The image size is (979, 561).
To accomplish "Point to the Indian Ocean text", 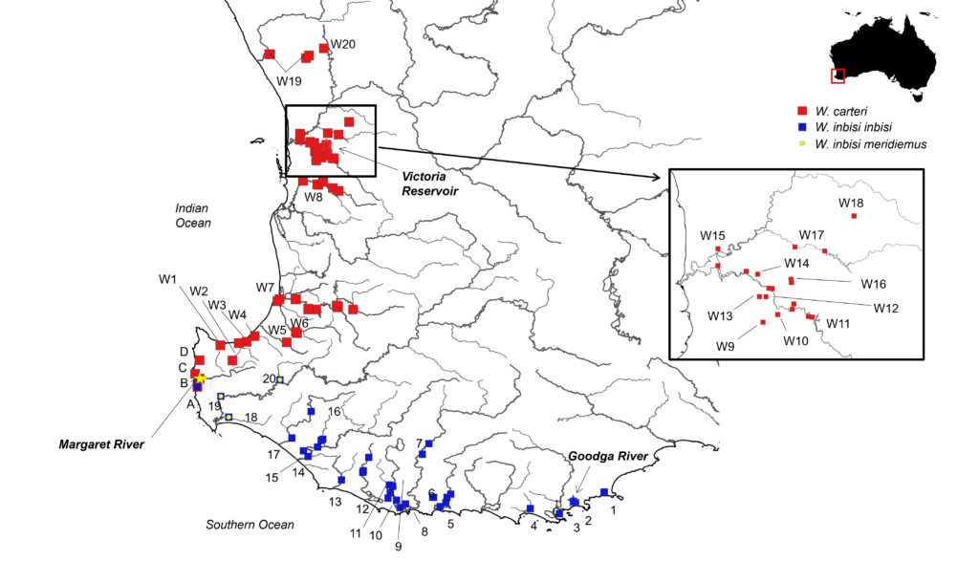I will click(x=191, y=215).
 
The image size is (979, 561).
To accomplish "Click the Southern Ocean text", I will click(x=250, y=524).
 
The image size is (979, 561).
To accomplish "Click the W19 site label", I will click(x=290, y=81).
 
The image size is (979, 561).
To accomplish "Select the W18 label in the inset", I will click(x=851, y=202).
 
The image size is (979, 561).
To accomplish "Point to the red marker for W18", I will click(x=854, y=217).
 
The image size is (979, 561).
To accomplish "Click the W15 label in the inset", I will click(x=712, y=235).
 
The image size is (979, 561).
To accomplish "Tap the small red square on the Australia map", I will click(x=838, y=75).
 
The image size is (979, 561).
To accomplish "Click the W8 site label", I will click(x=314, y=197).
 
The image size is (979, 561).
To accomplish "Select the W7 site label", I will click(x=265, y=288).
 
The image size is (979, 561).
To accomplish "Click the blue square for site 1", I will click(x=603, y=492).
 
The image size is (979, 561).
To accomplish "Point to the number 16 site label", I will click(x=334, y=411).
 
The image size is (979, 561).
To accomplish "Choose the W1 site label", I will click(x=168, y=279).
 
